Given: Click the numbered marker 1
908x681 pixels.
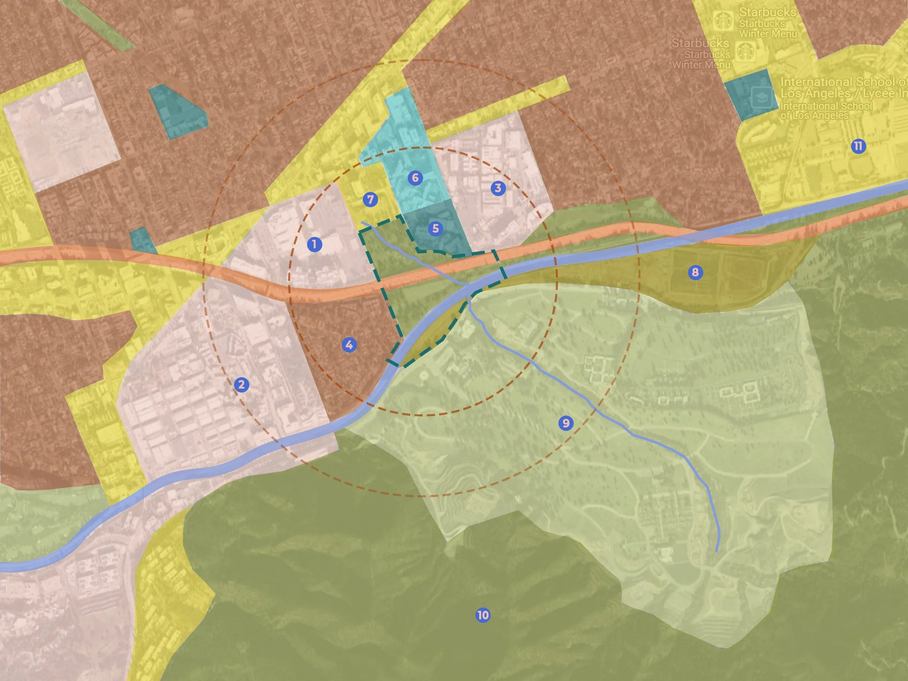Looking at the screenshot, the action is click(x=314, y=244).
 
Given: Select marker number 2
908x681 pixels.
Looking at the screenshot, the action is click(x=241, y=385).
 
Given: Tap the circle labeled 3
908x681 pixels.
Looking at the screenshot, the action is click(x=498, y=188).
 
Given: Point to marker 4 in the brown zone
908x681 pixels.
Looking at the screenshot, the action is click(x=349, y=345).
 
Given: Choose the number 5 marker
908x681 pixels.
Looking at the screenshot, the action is click(x=435, y=228).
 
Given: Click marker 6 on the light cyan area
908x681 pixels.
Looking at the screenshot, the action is click(x=415, y=177).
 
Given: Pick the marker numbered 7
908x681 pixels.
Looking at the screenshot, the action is click(x=370, y=200).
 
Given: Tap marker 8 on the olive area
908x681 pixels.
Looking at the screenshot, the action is click(x=695, y=272).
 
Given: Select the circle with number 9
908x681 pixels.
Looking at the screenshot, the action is click(x=565, y=423).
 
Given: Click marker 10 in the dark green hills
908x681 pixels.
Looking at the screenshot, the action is click(x=482, y=615).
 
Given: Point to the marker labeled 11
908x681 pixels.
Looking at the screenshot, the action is click(x=858, y=146).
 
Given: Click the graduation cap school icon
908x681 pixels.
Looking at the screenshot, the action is click(x=761, y=98).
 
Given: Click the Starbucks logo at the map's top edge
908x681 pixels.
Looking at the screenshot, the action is click(x=723, y=21).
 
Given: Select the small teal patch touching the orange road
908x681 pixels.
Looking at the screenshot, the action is click(x=142, y=240).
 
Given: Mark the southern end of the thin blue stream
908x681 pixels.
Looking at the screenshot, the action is click(x=716, y=551).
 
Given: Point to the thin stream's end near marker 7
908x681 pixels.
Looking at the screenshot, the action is click(x=362, y=223).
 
